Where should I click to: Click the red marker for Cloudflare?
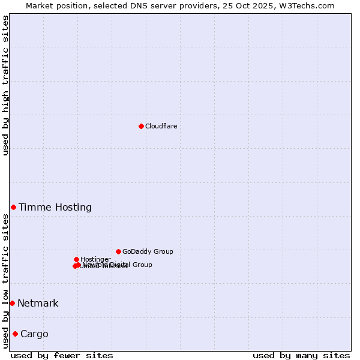(x=141, y=126)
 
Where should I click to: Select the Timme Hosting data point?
(x=13, y=207)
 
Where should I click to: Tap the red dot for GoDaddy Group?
(x=118, y=251)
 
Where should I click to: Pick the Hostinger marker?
(x=76, y=259)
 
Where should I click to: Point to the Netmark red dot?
(x=12, y=303)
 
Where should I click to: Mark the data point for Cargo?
(x=15, y=334)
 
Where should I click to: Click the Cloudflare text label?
(x=161, y=126)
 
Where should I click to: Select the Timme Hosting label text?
(x=55, y=208)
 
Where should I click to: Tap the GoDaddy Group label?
(x=148, y=251)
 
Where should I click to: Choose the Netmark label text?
(x=38, y=304)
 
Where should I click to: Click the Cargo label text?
(x=34, y=334)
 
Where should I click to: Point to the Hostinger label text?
(x=95, y=259)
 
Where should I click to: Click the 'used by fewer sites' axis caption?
(x=62, y=355)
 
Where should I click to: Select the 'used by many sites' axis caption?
(x=301, y=355)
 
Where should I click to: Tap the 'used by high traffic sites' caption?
(x=6, y=85)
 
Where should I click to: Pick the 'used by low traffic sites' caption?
(x=6, y=281)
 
